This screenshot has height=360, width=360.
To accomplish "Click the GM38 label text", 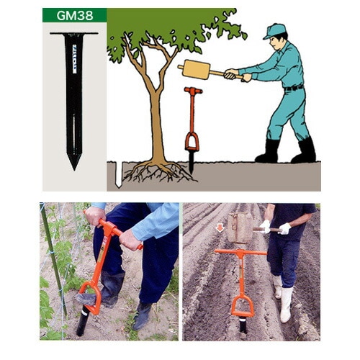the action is click(75, 15).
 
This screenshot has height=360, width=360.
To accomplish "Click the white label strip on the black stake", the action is click(74, 59).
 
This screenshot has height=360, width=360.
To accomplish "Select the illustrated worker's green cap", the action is click(274, 31).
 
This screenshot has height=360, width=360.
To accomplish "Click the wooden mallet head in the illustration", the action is click(196, 70).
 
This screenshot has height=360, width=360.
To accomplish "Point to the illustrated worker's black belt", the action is click(294, 88).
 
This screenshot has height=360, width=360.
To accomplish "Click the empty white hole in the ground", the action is click(119, 174).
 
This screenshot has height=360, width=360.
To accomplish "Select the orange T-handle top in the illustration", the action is click(193, 91).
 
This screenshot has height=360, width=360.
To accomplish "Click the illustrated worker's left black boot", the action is click(269, 152).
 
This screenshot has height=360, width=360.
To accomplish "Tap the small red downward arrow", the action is click(220, 228).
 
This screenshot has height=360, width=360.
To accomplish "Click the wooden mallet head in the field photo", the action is click(240, 228).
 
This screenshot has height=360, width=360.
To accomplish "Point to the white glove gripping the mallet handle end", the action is click(285, 229).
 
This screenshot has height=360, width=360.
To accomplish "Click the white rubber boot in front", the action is click(286, 305).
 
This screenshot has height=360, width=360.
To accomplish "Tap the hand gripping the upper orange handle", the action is click(95, 216).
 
